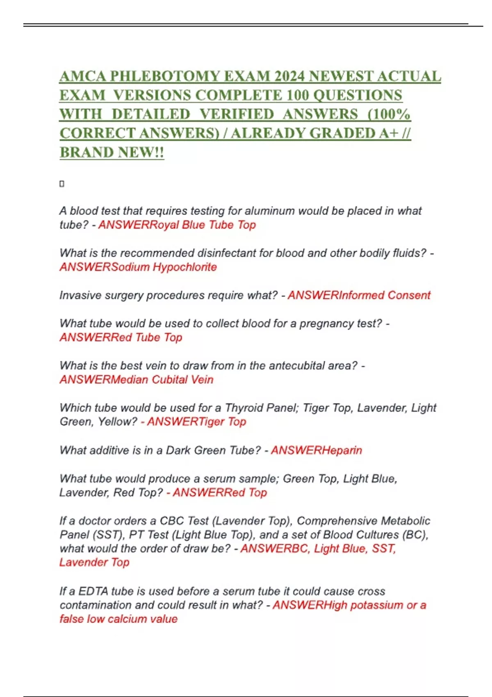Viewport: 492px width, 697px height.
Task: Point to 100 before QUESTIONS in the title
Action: pyautogui.click(x=298, y=95)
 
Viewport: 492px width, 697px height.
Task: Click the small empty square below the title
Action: pyautogui.click(x=62, y=184)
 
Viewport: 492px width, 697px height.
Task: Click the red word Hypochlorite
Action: pyautogui.click(x=184, y=267)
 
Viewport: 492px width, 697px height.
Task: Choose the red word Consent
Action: pyautogui.click(x=409, y=295)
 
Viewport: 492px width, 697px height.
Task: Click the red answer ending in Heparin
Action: pyautogui.click(x=317, y=450)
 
